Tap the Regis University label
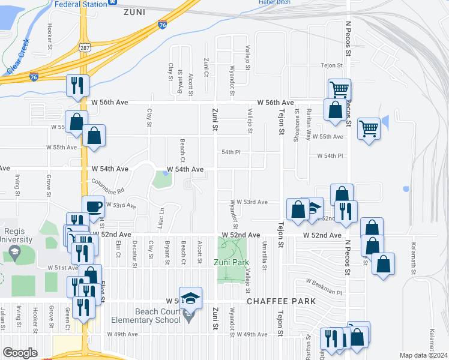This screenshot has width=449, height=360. point(15,235)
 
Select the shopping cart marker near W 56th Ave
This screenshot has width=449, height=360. point(339,90)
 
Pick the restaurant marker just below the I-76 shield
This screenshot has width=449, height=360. point(77,86)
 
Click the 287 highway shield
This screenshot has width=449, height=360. point(85,47)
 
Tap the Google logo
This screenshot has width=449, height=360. point(20,353)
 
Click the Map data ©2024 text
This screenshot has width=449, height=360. point(423,355)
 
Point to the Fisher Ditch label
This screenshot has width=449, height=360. point(275,2)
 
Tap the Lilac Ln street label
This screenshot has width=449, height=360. point(161,214)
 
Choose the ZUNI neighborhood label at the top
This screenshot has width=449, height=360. point(136,11)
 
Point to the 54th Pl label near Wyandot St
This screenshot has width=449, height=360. point(231,152)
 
